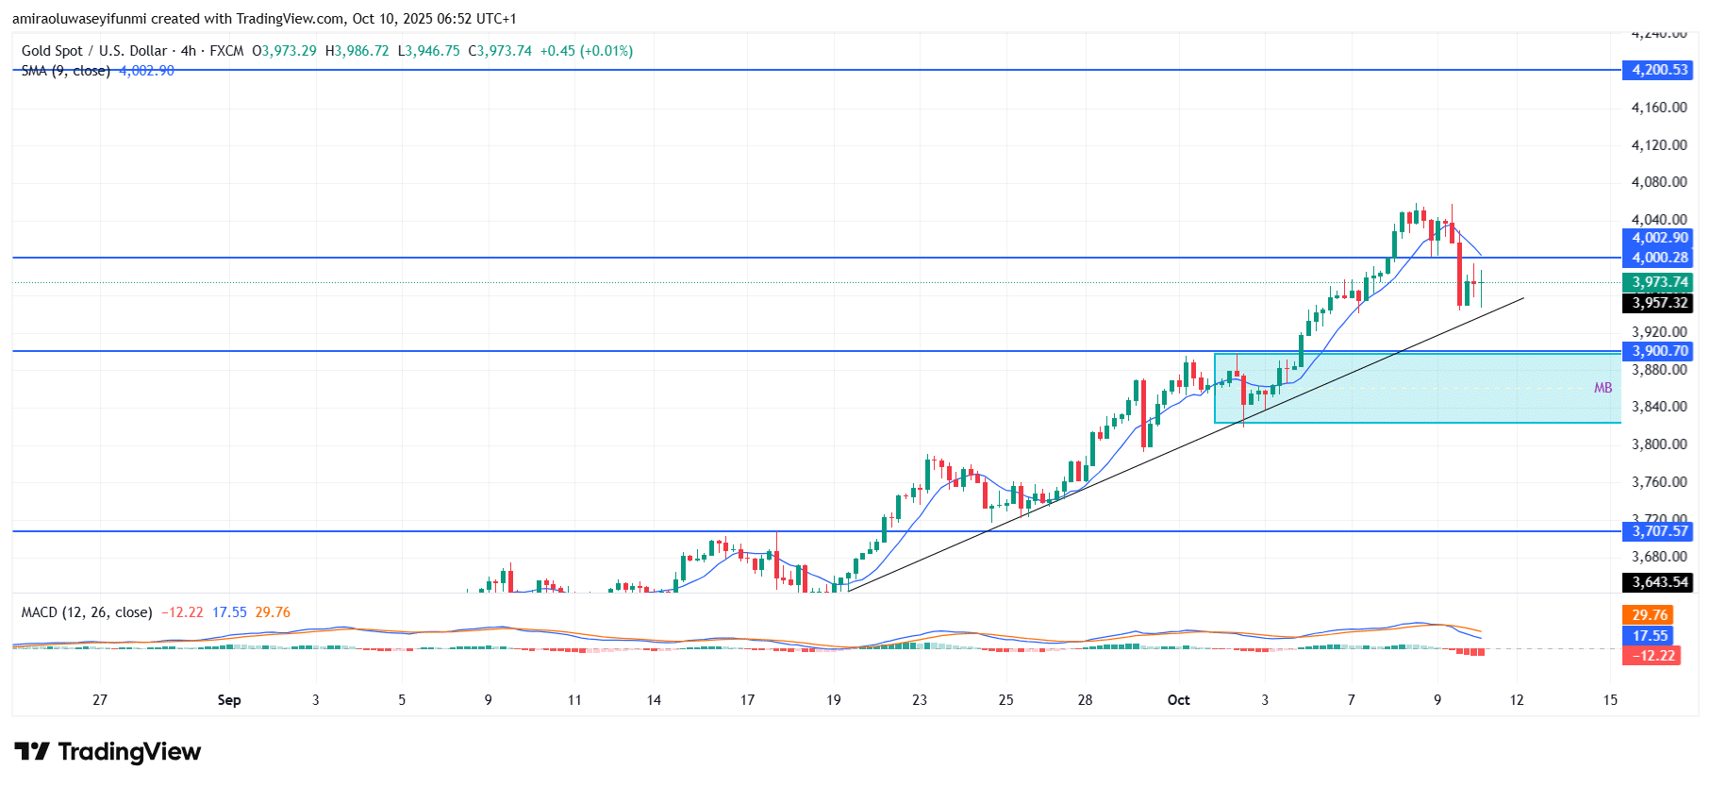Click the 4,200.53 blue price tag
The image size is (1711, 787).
[x=1659, y=70]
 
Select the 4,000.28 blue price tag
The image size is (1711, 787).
[x=1659, y=258]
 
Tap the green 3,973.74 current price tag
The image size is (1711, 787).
[x=1659, y=282]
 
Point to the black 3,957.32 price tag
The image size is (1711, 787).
[x=1659, y=303]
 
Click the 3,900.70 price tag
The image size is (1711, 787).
[x=1659, y=351]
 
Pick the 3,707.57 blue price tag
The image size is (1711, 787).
[x=1659, y=531]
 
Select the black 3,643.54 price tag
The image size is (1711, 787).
[x=1659, y=582]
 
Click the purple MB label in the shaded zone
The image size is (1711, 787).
[x=1603, y=388]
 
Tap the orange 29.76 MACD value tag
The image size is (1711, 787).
[x=1649, y=615]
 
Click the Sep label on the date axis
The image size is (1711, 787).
[x=229, y=700]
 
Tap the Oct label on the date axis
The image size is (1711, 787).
[x=1178, y=700]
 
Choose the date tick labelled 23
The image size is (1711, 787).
[x=920, y=700]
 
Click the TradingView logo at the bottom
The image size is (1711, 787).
[x=108, y=752]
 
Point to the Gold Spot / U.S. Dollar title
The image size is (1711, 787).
[x=94, y=51]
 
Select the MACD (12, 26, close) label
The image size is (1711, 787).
[x=87, y=612]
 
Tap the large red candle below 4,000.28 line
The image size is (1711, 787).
[x=1459, y=275]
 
